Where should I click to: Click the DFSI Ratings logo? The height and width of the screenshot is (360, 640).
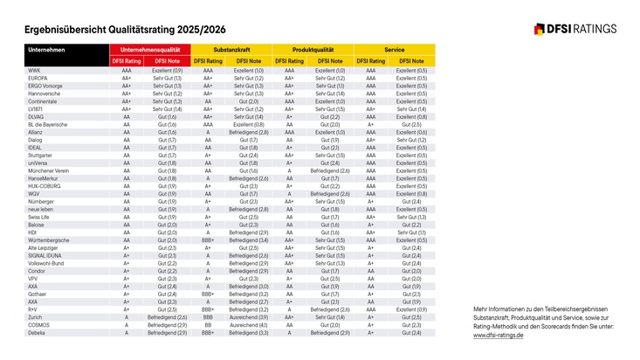click(575, 28)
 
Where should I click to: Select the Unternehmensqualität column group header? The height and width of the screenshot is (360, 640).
click(150, 49)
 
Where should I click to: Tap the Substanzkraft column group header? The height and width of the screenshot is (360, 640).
click(232, 49)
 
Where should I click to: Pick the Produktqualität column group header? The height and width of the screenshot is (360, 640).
click(313, 49)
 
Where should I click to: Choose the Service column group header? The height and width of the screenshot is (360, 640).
click(395, 49)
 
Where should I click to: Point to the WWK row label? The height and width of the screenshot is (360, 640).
click(35, 70)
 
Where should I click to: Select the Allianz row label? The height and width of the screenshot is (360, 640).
click(38, 132)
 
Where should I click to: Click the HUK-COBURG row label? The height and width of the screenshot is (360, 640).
click(45, 186)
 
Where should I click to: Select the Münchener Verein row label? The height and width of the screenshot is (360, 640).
click(48, 170)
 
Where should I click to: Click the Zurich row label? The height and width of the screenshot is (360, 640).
click(37, 317)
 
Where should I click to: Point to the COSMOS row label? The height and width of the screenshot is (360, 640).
click(39, 325)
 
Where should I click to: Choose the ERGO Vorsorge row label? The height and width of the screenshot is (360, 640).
click(45, 86)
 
